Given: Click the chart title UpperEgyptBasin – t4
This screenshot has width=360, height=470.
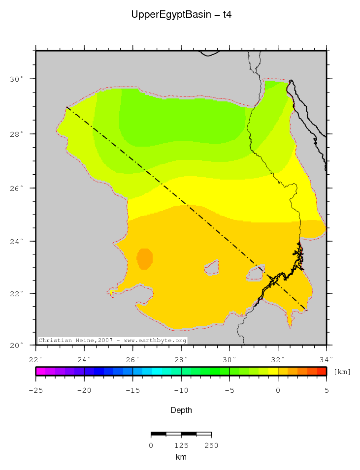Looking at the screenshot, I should point(181,15).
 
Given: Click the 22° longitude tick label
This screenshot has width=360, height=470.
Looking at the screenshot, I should point(36,359).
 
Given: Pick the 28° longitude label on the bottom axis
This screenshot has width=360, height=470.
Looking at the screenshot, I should point(181,359).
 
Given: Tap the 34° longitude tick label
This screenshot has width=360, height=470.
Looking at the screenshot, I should point(326,359).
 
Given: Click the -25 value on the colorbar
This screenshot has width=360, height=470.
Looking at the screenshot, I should point(36,390).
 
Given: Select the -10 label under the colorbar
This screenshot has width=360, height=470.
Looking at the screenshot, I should point(181,390).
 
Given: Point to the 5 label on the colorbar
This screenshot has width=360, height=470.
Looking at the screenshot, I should point(326,390).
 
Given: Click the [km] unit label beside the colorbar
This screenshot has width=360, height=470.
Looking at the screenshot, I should point(342,372).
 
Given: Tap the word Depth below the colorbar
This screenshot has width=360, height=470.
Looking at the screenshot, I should point(181,410).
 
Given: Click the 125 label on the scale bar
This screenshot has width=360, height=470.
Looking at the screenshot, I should point(181,445).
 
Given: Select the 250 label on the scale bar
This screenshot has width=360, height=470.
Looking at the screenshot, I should point(211,445).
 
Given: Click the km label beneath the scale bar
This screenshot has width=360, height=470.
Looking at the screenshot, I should point(181,457).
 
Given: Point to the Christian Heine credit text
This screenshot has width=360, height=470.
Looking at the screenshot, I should point(112,340).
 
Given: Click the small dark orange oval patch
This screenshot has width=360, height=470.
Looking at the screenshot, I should point(145,258).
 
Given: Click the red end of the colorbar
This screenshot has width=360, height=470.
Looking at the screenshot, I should point(322,372).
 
